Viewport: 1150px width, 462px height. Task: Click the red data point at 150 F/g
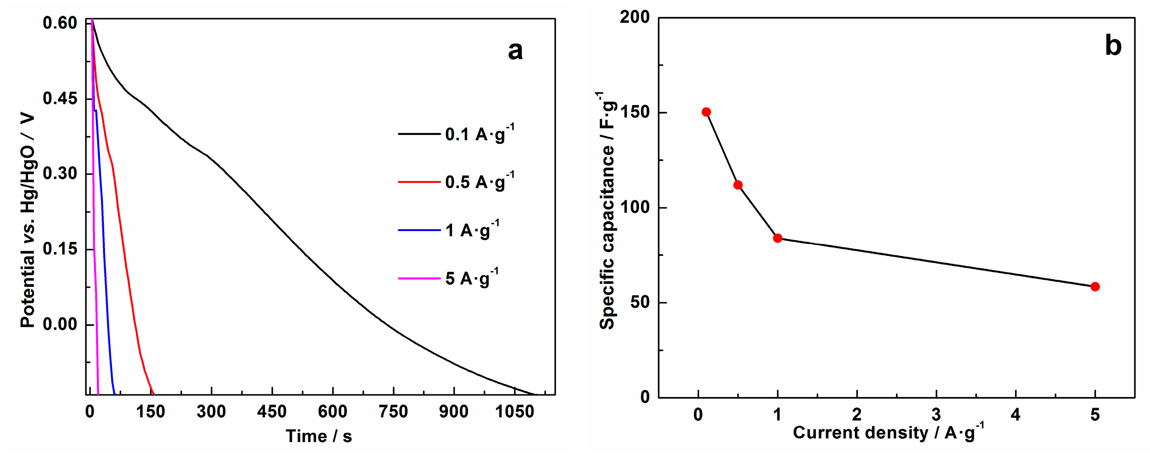pos(706,112)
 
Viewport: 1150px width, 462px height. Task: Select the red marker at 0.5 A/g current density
pos(738,185)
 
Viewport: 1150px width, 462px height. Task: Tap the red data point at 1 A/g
pos(778,238)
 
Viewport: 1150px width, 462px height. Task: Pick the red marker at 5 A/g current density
pos(1095,287)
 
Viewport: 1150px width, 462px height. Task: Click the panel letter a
pos(515,51)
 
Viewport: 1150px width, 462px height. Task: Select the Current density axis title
pos(888,432)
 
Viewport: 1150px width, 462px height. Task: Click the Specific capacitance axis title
pos(607,210)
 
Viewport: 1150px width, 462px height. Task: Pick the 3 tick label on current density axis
pos(936,415)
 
